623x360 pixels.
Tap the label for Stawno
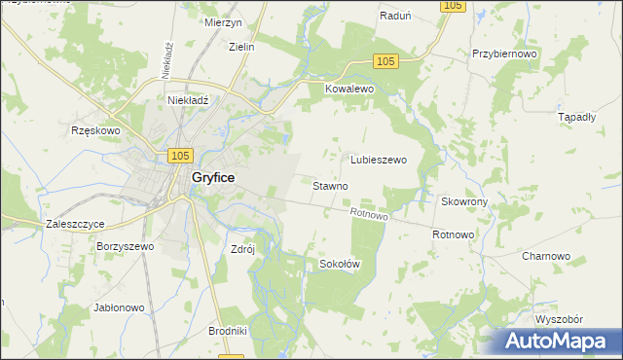(331, 185)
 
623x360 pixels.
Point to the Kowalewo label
(349, 89)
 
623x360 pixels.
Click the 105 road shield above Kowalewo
(385, 61)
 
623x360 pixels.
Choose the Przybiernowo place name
(504, 55)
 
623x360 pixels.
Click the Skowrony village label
(464, 201)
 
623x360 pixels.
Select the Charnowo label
(545, 256)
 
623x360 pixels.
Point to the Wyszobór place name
(559, 319)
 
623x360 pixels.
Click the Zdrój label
(241, 248)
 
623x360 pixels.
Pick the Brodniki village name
(228, 331)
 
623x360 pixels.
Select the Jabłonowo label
(118, 307)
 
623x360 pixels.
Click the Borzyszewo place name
(126, 247)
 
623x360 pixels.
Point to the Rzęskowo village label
(94, 130)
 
